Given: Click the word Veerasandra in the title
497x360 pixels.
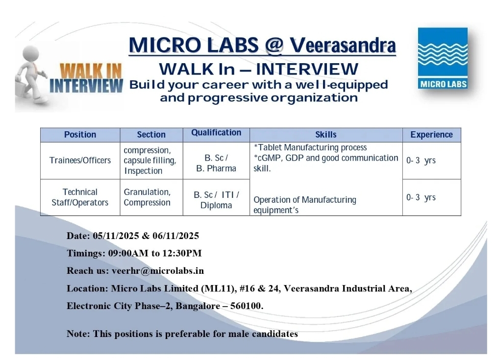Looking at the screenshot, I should [x=343, y=45].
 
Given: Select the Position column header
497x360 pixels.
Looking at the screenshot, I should [x=80, y=135].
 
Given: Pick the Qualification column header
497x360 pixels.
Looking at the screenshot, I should [x=216, y=133].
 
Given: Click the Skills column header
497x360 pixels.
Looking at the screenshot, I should [x=326, y=135].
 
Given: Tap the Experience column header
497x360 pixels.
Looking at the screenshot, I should [x=431, y=135].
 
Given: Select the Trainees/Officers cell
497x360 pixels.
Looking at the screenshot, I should [x=80, y=160].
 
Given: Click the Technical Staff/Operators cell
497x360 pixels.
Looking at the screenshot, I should [x=80, y=197].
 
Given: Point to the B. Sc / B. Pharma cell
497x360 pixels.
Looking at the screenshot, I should [x=216, y=163].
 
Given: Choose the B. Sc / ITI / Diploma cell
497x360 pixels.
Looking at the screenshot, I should [x=216, y=200].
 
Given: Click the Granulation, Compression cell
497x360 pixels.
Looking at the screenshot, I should [x=148, y=197].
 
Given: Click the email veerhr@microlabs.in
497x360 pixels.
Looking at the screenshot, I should [x=158, y=271].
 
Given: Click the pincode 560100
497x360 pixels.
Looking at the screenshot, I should [x=247, y=306].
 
